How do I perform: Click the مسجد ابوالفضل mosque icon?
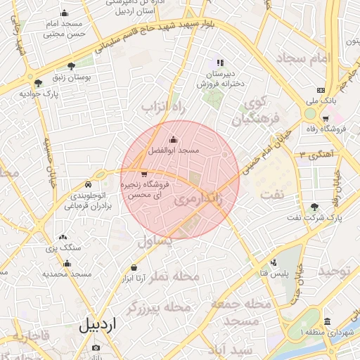click(x=174, y=139)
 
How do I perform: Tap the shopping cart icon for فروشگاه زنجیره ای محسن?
click(x=144, y=174)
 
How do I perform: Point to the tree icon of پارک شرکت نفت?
click(x=314, y=207)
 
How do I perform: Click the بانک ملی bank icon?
click(x=321, y=90)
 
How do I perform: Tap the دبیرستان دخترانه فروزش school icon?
click(x=220, y=62)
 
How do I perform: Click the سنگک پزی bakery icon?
click(x=63, y=237)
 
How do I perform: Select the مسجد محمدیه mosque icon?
click(x=67, y=264)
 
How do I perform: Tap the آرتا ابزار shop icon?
click(x=134, y=267)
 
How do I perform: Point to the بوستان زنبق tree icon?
click(x=71, y=66)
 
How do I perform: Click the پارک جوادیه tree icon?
click(x=38, y=83)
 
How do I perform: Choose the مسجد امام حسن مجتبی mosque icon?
click(x=65, y=13)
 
